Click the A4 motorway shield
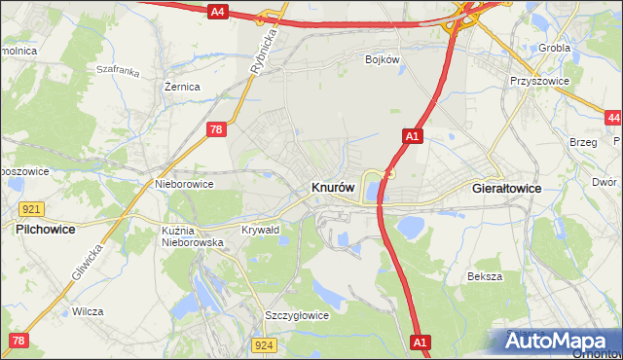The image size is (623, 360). tap(217, 12)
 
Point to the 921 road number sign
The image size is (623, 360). tap(30, 209)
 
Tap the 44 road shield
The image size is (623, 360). tap(612, 118)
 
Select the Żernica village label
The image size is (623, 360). tap(182, 87)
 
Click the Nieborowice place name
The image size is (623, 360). tap(184, 182)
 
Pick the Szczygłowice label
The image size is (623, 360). tap(297, 315)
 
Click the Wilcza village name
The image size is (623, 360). tap(88, 312)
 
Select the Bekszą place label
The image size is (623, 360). tap(484, 276)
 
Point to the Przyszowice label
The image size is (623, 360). tap(537, 82)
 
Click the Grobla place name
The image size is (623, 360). tap(555, 47)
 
